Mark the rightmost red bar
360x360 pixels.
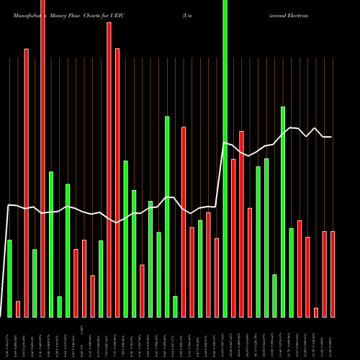pos(332,274)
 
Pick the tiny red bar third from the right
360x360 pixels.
pos(315,312)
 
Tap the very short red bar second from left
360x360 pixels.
pos(18,309)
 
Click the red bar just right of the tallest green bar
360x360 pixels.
pos(233,238)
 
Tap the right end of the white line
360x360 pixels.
pos(331,137)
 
